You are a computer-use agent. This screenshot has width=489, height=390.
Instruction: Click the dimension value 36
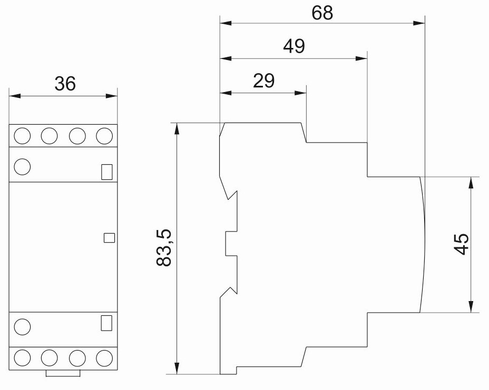click(x=65, y=84)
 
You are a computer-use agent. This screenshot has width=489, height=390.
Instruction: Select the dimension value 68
click(x=322, y=13)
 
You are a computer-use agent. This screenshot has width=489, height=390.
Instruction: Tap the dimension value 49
click(x=294, y=46)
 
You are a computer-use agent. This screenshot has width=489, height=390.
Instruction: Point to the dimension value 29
click(x=263, y=81)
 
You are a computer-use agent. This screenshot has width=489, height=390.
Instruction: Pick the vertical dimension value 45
click(x=461, y=244)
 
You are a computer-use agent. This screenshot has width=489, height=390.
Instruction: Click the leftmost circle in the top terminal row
click(x=22, y=136)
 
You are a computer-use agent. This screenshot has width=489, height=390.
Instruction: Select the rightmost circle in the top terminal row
click(x=104, y=136)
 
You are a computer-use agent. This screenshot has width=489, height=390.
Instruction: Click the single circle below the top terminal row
click(x=22, y=167)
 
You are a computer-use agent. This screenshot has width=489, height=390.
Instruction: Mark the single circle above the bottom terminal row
click(x=22, y=327)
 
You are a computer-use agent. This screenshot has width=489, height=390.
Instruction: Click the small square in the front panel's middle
click(x=109, y=237)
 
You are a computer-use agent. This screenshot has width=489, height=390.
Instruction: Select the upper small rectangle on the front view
click(x=106, y=172)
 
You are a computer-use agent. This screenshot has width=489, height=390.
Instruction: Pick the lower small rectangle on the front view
click(x=106, y=323)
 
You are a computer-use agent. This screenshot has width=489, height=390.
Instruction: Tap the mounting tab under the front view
click(x=63, y=374)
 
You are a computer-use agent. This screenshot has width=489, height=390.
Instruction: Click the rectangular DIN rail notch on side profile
click(x=232, y=244)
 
